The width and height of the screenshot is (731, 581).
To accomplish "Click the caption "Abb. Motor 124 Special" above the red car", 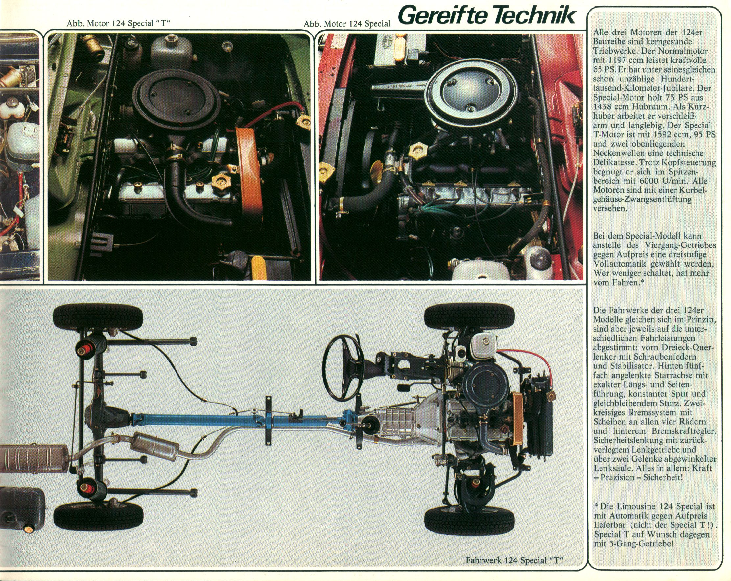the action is point(347,24).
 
